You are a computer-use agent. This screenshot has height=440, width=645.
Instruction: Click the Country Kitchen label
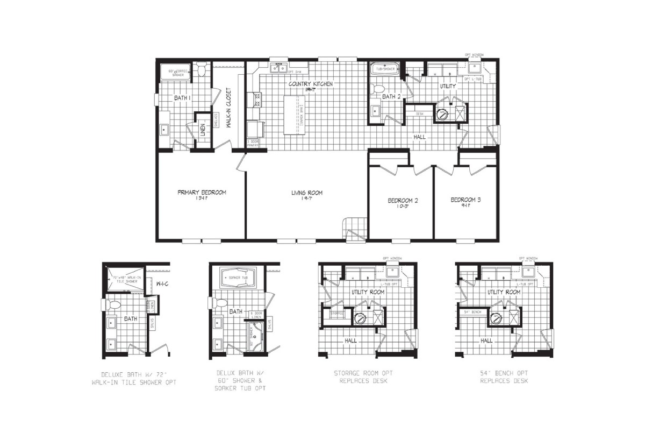click(310, 84)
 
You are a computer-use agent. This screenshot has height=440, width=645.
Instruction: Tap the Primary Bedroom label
click(202, 193)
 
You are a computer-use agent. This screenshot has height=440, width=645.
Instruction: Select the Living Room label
click(307, 193)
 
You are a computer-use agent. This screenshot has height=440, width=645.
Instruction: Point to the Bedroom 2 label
click(403, 201)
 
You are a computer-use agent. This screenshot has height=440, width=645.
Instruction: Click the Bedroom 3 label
click(465, 200)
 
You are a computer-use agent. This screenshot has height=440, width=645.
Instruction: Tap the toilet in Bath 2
click(378, 89)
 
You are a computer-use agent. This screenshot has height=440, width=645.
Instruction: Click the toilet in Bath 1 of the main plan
click(201, 70)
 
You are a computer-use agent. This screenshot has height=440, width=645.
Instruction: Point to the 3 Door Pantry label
click(253, 143)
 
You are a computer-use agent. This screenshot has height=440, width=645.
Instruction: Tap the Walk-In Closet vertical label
click(228, 108)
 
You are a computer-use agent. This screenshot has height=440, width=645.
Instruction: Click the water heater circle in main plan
click(443, 113)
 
